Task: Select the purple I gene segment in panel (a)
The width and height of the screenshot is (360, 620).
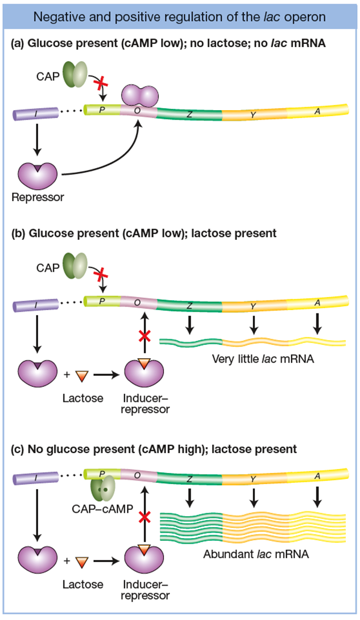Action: coord(35,113)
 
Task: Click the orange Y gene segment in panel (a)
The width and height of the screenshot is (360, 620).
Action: coord(253,115)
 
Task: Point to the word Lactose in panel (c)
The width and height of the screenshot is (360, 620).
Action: coord(83,584)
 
